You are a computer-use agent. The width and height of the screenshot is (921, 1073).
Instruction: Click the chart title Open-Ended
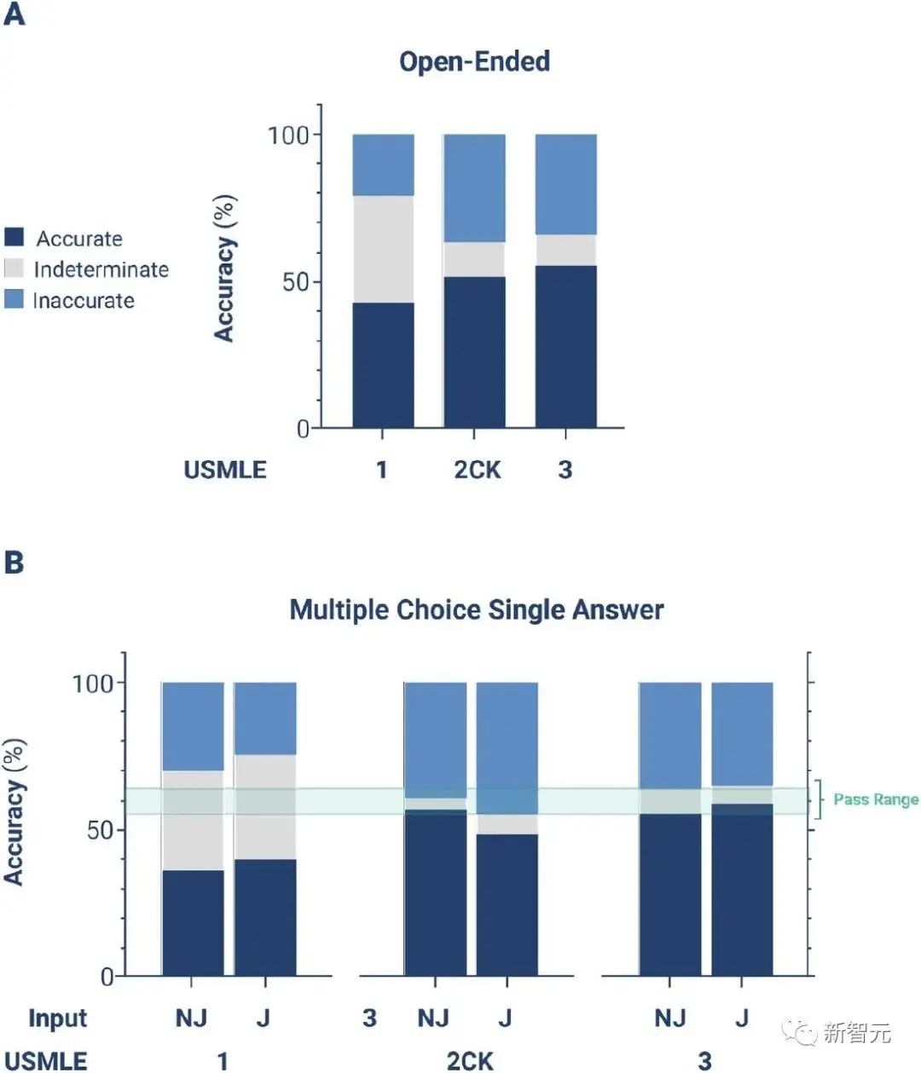click(x=474, y=61)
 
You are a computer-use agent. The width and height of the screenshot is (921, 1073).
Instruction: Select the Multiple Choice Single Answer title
click(x=476, y=609)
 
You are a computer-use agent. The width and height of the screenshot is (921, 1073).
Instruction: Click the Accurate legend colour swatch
click(x=14, y=237)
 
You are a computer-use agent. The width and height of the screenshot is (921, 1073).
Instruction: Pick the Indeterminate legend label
click(x=101, y=269)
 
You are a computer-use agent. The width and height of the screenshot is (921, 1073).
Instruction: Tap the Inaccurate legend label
click(x=84, y=300)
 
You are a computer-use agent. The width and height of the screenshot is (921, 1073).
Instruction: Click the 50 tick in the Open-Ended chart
click(x=295, y=281)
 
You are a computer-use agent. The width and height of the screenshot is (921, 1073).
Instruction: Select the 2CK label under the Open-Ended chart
click(x=477, y=470)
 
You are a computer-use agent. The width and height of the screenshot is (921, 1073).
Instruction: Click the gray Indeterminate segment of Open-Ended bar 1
click(x=383, y=249)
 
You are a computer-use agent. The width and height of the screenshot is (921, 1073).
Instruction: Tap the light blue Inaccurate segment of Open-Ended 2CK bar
click(x=474, y=187)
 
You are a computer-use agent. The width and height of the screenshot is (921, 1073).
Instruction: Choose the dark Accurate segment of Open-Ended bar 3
click(x=565, y=346)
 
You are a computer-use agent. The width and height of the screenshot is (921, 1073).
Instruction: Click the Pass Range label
click(x=876, y=799)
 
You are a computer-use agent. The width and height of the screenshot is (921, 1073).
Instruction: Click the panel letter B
click(x=14, y=562)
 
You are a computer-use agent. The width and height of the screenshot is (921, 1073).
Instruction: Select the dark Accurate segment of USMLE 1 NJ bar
click(x=193, y=922)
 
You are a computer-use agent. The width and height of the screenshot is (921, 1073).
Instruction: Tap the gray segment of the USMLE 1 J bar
click(x=265, y=806)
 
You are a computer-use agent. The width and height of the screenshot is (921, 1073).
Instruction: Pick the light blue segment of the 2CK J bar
click(x=507, y=747)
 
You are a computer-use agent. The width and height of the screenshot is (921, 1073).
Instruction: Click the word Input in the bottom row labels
click(x=58, y=1018)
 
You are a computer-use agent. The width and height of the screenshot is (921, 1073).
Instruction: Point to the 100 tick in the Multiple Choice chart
click(x=93, y=683)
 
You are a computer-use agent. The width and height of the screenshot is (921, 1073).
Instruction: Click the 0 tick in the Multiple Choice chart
click(x=107, y=976)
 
